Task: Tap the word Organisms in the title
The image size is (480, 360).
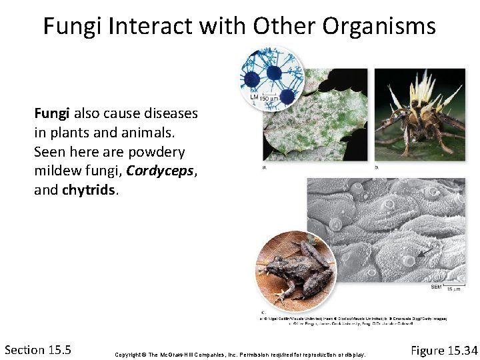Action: pyautogui.click(x=379, y=27)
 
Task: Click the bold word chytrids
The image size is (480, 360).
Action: pyautogui.click(x=90, y=190)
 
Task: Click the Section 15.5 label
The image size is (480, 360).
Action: pyautogui.click(x=38, y=349)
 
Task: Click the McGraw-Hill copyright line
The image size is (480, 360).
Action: pyautogui.click(x=240, y=354)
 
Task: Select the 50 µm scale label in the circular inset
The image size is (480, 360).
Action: pyautogui.click(x=269, y=99)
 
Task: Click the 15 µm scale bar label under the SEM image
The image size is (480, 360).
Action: pyautogui.click(x=453, y=289)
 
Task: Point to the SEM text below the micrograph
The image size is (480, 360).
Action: pyautogui.click(x=436, y=287)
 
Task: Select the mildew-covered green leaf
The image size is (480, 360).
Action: pyautogui.click(x=313, y=127)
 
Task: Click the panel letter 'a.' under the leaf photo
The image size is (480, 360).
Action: pyautogui.click(x=265, y=167)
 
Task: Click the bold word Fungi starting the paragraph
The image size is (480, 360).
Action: pyautogui.click(x=53, y=113)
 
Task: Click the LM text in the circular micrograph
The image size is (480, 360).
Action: pyautogui.click(x=253, y=97)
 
